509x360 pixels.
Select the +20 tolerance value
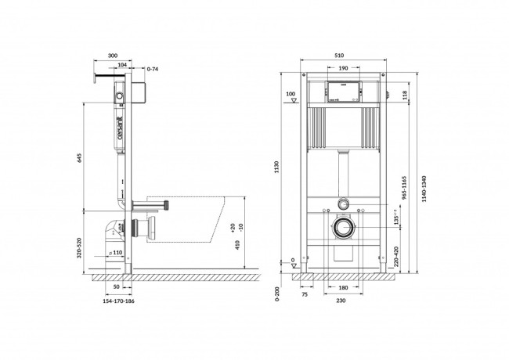tap(233, 226)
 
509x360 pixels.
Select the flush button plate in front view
tap(341, 92)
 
